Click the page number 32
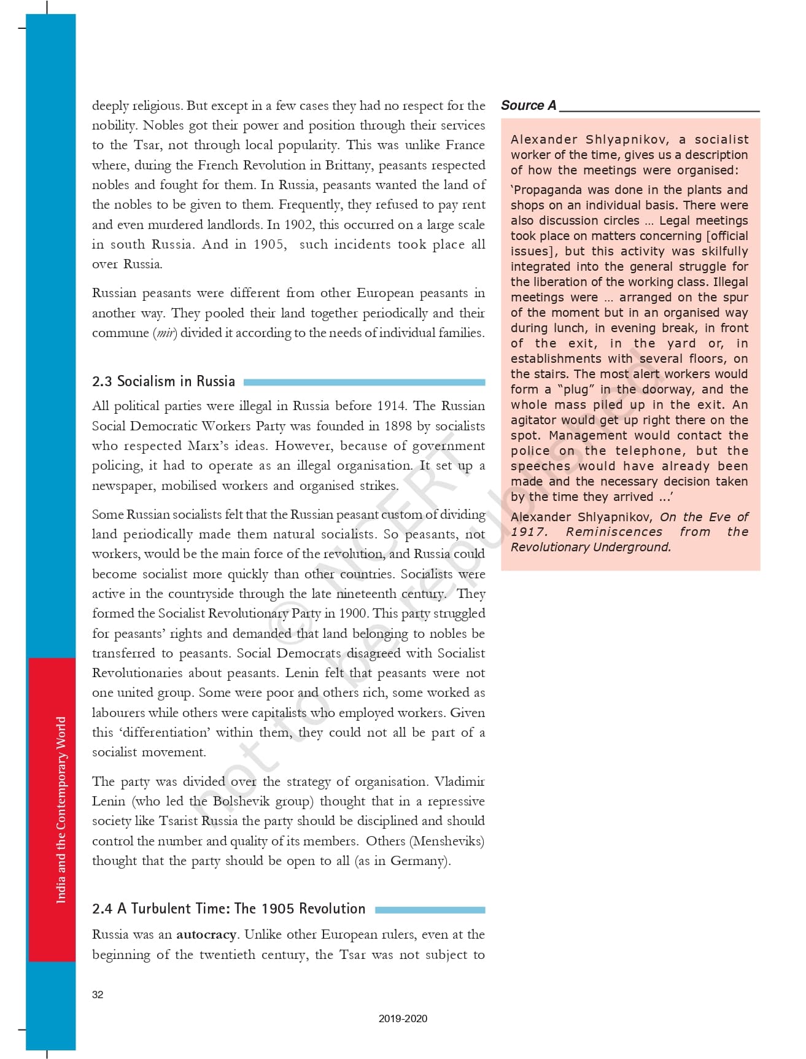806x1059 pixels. click(98, 995)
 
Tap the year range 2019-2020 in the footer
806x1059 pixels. click(403, 1018)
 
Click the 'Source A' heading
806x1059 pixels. click(529, 106)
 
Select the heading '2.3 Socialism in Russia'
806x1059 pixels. click(163, 381)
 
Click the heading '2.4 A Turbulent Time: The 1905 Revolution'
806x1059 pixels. click(228, 909)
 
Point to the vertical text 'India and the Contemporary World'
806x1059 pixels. click(61, 810)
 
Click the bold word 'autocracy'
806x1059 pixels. click(206, 934)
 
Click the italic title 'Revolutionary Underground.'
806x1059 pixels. click(591, 547)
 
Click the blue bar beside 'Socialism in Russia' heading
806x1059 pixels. click(364, 382)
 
